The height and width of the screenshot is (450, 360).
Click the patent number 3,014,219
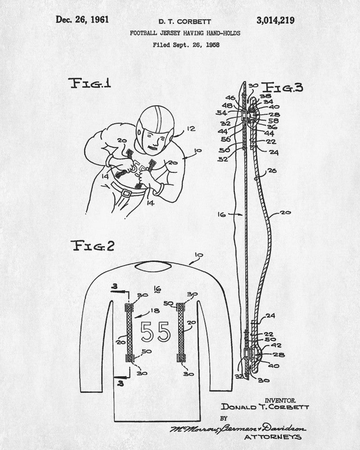pos(275,21)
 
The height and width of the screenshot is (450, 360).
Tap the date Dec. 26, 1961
pos(82,19)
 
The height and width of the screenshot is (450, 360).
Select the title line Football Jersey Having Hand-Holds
pos(185,33)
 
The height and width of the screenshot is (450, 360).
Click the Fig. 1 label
pos(90,83)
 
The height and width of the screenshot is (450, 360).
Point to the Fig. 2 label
pos(92,246)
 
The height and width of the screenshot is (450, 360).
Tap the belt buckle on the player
pos(126,193)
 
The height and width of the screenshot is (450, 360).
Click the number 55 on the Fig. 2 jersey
pos(156,332)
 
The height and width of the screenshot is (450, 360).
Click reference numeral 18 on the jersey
pos(155,310)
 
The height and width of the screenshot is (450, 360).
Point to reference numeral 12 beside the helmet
pos(191,129)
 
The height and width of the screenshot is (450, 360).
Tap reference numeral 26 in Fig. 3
pos(272,171)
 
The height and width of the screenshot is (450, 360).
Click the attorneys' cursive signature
pos(238,428)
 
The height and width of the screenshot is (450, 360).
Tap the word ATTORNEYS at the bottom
pos(273,437)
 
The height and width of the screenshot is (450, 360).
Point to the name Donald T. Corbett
pos(265,407)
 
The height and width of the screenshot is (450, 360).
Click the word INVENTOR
pos(280,400)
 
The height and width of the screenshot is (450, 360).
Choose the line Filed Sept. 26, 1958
pos(186,45)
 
